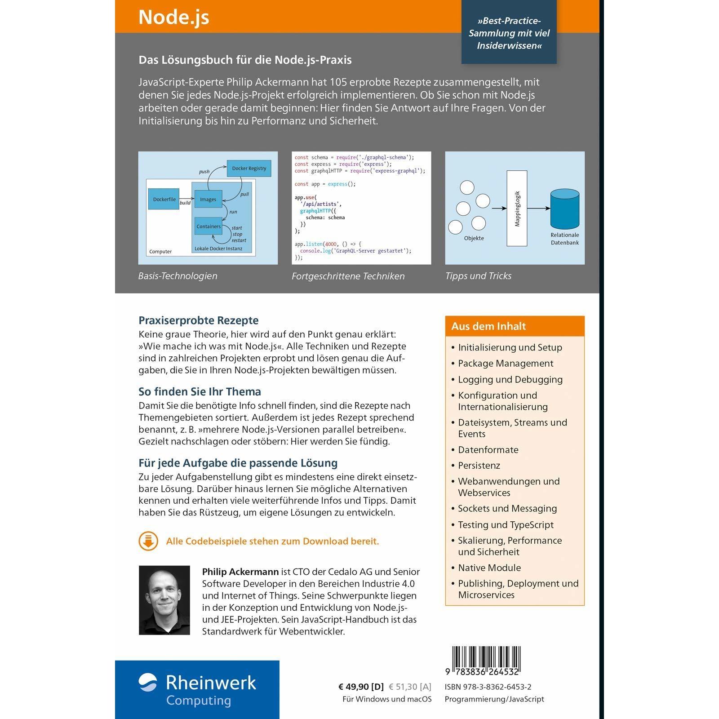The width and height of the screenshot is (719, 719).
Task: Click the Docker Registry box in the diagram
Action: point(249,169)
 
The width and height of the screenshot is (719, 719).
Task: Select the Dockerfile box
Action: point(164,199)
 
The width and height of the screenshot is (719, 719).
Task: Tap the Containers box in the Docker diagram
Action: point(209,226)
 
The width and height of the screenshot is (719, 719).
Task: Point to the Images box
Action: point(208,199)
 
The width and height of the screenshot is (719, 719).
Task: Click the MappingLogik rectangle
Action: point(517,209)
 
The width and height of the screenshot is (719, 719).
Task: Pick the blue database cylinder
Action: point(565,209)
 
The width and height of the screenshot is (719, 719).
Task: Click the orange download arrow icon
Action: point(148,541)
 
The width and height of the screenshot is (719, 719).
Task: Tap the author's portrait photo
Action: point(164,600)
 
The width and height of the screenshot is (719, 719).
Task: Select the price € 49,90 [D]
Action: point(361,687)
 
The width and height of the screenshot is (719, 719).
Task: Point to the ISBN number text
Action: point(488,687)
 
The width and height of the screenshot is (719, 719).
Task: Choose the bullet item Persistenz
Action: point(479,466)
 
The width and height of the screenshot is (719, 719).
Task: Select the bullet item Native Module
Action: point(489,568)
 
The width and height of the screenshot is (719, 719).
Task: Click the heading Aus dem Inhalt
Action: point(488,326)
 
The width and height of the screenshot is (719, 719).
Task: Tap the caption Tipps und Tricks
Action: point(478,276)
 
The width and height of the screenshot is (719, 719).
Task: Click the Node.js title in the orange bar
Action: point(174,17)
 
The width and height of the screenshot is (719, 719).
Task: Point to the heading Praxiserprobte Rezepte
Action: point(199,320)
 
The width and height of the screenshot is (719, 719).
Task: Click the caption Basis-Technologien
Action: point(178,276)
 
